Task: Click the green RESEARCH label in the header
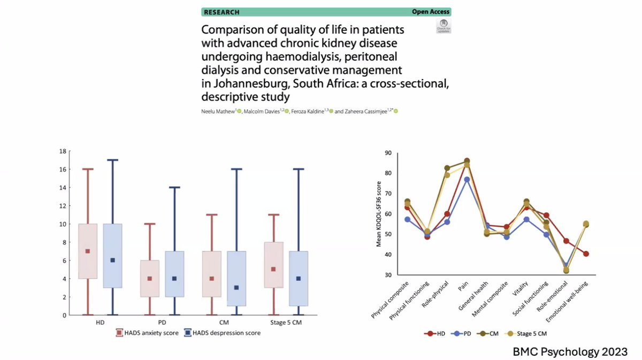221,12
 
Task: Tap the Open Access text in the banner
431,12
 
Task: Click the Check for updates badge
444,26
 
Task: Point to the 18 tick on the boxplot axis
63,151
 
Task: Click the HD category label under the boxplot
100,323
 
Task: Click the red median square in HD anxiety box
88,251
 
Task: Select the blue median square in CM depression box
236,287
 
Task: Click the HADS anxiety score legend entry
148,333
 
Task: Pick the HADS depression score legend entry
223,333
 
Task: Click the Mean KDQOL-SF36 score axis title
379,213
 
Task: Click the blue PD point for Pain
467,180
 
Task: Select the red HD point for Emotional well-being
586,254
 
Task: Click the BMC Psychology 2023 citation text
577,351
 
